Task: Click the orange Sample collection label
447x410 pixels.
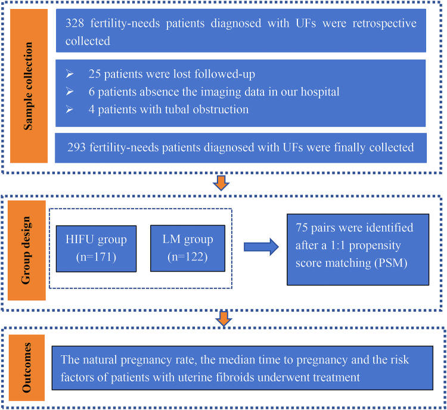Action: point(29,86)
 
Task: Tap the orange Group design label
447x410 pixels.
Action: point(26,250)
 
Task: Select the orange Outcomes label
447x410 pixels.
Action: point(27,368)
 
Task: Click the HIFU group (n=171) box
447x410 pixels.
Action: point(96,249)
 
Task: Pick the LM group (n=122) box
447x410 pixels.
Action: point(188,248)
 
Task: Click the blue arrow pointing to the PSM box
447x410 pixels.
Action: point(261,247)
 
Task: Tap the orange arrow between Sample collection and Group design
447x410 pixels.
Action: point(221,183)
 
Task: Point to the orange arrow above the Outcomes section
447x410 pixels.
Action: point(223,319)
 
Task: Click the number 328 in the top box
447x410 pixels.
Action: point(74,23)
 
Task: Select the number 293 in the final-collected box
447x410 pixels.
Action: point(76,147)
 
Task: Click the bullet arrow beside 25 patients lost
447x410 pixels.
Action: point(70,74)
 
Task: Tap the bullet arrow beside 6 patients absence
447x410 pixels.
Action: point(70,92)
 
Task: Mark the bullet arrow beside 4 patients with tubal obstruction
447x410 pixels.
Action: point(70,110)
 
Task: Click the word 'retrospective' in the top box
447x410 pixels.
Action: point(384,24)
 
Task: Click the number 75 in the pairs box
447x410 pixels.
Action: point(302,228)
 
